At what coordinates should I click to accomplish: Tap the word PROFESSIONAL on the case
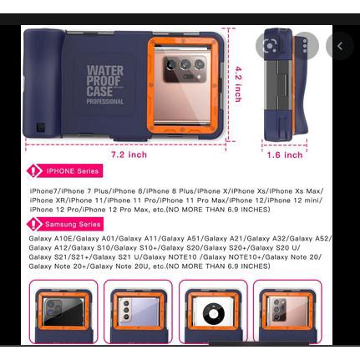click(x=105, y=102)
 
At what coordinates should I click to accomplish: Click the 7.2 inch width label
click(x=129, y=154)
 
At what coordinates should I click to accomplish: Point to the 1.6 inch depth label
click(x=284, y=155)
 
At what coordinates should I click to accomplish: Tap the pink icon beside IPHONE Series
click(x=35, y=170)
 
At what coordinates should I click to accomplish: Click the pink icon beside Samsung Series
click(x=35, y=224)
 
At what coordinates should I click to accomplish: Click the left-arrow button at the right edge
click(x=341, y=46)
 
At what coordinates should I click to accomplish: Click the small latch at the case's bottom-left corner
click(x=39, y=129)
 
